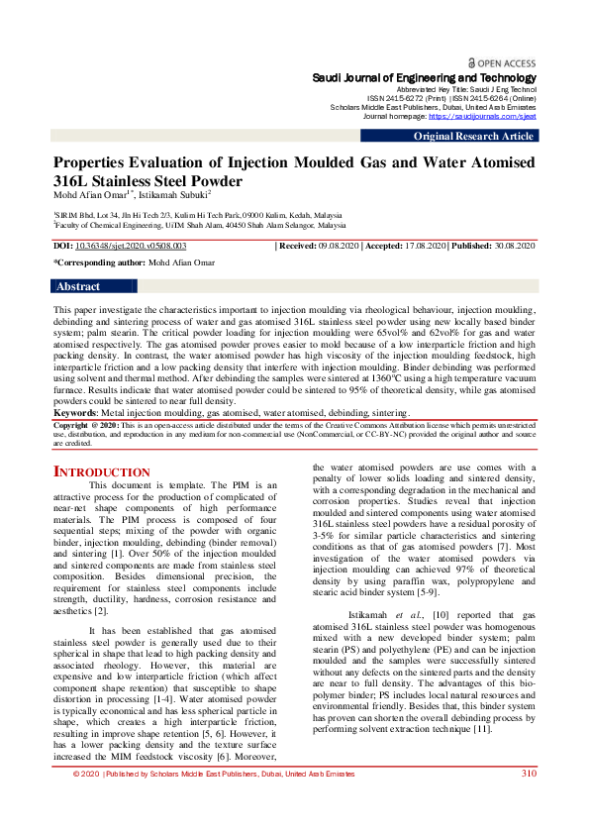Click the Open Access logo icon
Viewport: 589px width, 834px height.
(472, 61)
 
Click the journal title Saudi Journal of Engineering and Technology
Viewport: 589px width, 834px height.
(424, 77)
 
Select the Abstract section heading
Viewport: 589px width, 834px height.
(78, 286)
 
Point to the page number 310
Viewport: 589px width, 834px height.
(529, 801)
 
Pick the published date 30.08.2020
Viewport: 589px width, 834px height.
(513, 245)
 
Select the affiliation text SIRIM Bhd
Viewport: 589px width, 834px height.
(77, 214)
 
